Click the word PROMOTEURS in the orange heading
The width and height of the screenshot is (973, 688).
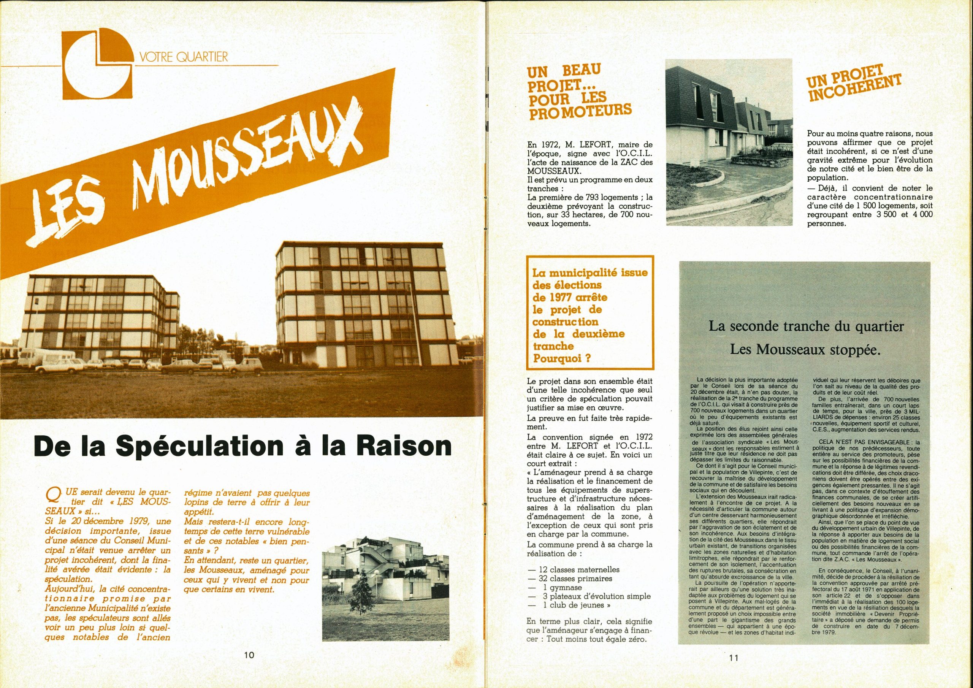(579, 112)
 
